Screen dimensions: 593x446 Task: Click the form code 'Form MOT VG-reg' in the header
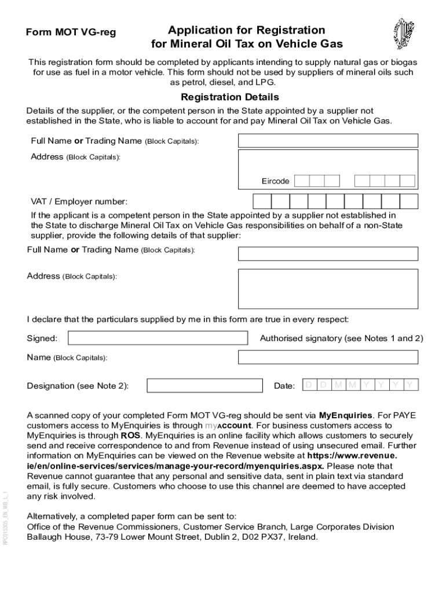[71, 32]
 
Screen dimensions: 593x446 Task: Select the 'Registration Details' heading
[230, 97]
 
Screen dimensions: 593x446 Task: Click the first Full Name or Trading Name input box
[328, 141]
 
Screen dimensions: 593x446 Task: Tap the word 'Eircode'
[275, 181]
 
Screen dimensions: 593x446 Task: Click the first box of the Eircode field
[301, 181]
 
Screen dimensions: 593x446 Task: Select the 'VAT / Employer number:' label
[79, 202]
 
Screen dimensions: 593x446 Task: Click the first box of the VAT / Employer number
[262, 201]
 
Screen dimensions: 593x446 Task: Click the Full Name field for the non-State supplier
[328, 254]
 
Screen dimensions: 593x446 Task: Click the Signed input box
[158, 338]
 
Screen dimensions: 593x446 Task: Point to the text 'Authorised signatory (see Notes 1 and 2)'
[342, 338]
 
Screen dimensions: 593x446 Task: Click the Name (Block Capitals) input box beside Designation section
[328, 357]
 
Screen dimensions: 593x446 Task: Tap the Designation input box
[204, 386]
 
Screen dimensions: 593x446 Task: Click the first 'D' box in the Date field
[309, 385]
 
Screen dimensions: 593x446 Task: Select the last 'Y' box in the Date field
[410, 385]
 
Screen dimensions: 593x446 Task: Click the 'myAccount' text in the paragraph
[228, 425]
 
